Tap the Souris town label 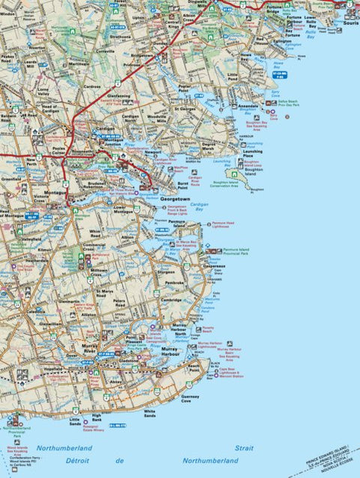pos(350,23)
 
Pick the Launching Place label pos(253,154)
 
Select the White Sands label pos(150,412)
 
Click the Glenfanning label pos(118,96)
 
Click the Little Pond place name pos(234,76)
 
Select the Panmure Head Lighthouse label pos(224,224)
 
